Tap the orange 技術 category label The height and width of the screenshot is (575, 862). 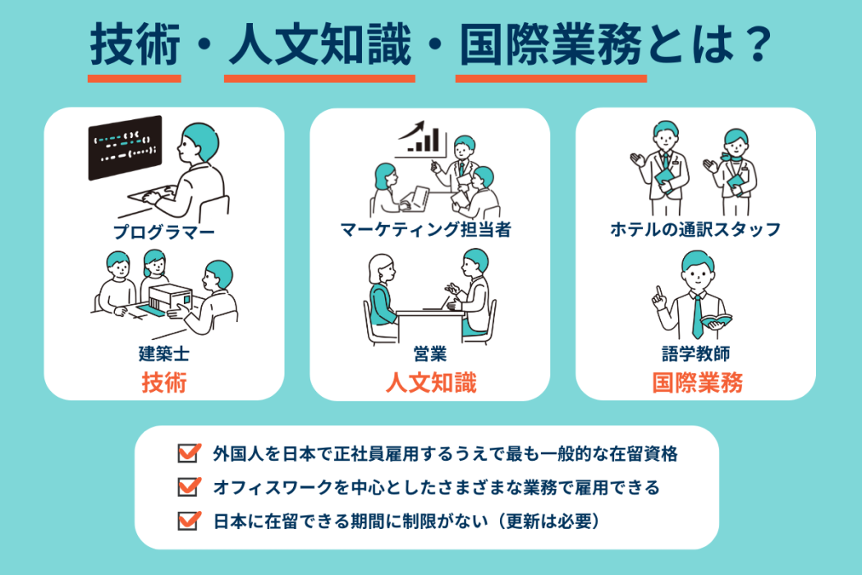[x=164, y=383]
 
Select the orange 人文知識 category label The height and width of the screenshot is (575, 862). [x=430, y=383]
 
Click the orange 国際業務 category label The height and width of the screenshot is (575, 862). [x=697, y=383]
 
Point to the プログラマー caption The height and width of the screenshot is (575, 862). [x=165, y=232]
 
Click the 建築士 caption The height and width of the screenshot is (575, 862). [x=164, y=355]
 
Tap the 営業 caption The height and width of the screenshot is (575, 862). [x=429, y=355]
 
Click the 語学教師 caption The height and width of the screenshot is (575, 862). [x=696, y=355]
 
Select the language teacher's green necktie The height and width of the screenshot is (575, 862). [x=696, y=315]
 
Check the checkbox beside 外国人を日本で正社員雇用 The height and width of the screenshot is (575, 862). [x=188, y=453]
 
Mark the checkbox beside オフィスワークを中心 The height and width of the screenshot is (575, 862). [x=188, y=487]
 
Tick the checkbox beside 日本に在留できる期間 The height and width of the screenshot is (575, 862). [x=188, y=521]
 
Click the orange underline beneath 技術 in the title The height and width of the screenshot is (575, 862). [x=135, y=79]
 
